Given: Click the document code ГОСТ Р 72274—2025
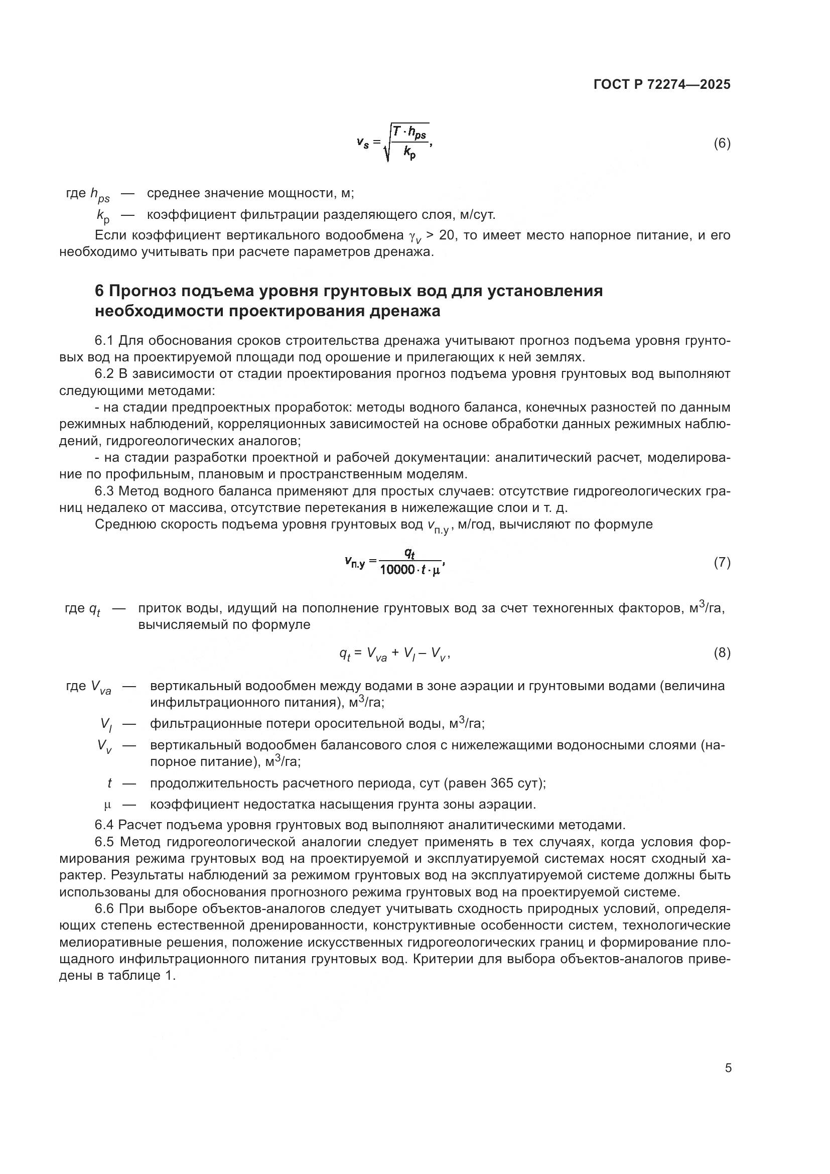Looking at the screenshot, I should click(662, 84).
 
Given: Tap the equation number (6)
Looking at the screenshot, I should click(722, 144).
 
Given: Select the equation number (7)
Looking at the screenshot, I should click(722, 563).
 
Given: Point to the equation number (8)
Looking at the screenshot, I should click(722, 653).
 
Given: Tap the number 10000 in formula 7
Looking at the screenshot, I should click(397, 570).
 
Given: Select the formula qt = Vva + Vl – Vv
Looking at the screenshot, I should click(394, 654).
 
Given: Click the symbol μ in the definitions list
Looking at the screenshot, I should click(107, 805).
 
